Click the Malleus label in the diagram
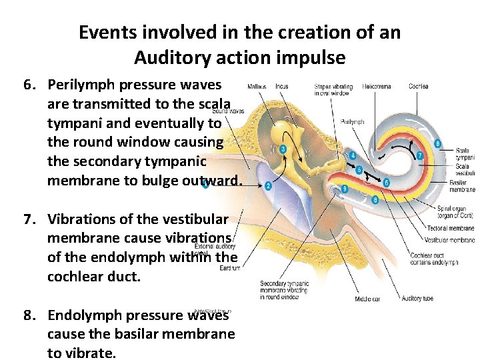point(257,86)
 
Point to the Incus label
point(282,86)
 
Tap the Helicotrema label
point(377,86)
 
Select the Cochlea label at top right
point(418,86)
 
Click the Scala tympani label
point(463,153)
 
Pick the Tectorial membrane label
point(451,229)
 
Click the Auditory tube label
point(417,299)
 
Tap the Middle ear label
point(367,299)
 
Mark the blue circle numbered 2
point(268,185)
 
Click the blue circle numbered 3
point(283,149)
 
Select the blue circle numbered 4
point(352,156)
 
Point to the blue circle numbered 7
point(419,155)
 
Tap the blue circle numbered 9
point(344,189)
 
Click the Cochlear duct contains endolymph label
point(434,259)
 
